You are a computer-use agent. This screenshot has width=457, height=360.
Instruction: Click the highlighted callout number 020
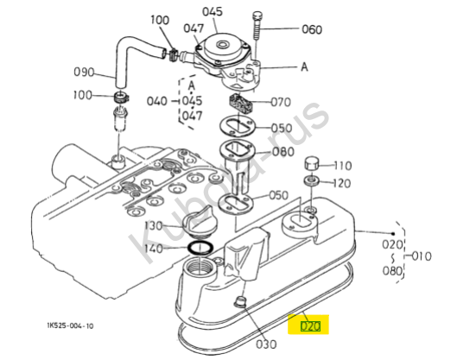(310, 326)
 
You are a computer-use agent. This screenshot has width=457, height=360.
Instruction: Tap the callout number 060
(312, 29)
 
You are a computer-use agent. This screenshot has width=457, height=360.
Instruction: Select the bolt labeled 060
(257, 26)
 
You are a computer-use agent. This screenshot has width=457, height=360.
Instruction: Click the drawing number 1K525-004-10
(70, 325)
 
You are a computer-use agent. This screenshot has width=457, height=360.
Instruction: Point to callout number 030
(266, 344)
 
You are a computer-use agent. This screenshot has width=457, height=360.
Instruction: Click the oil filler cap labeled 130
(198, 223)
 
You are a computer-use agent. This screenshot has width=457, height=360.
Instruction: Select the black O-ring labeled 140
(200, 248)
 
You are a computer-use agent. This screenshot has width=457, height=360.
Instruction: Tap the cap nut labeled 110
(312, 164)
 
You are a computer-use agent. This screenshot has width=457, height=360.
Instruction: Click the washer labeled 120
(312, 180)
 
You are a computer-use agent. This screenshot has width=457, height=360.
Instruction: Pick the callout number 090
(84, 72)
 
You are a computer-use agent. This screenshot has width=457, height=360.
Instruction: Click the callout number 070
(281, 102)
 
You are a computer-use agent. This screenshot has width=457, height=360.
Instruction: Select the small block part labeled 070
(239, 103)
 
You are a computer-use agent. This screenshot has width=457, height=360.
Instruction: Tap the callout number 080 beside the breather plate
(283, 152)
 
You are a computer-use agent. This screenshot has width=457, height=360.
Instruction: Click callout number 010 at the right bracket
(422, 256)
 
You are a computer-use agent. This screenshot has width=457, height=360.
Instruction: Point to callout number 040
(157, 101)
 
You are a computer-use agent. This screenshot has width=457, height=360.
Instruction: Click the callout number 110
(343, 166)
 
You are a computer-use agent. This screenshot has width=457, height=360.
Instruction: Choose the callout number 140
(154, 249)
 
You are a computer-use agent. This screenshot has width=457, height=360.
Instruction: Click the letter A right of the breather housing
(304, 67)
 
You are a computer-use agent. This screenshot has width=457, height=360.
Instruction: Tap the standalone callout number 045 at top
(213, 12)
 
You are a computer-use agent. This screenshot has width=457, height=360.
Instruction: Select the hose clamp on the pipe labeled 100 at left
(120, 97)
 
